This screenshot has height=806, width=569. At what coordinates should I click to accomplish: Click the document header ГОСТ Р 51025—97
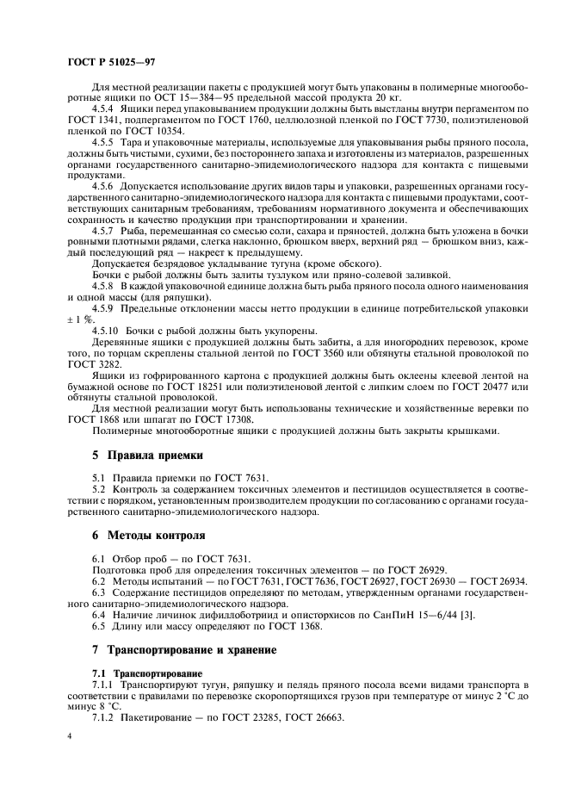point(111,62)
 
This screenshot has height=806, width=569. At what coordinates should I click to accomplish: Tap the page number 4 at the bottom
point(69,738)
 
